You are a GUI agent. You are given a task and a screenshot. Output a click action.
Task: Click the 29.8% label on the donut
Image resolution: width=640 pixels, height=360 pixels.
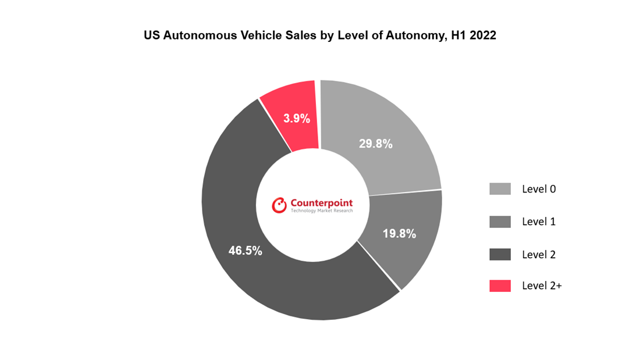click(x=375, y=144)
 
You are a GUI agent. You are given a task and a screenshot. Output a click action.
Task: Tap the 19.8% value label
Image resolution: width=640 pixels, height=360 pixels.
click(x=399, y=234)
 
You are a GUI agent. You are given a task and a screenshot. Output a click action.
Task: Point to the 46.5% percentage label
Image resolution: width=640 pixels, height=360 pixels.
click(x=245, y=251)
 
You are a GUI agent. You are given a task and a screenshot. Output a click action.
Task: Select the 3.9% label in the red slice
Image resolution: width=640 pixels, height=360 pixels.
click(x=297, y=119)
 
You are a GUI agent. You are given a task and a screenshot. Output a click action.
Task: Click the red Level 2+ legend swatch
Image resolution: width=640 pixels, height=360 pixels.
click(x=500, y=286)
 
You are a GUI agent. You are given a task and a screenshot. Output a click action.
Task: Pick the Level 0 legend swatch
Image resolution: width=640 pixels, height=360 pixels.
click(x=500, y=189)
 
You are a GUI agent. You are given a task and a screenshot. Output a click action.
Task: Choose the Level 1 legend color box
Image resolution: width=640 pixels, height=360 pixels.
click(x=500, y=222)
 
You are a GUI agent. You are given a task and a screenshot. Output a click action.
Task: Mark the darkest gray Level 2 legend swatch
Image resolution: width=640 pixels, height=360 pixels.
click(x=500, y=254)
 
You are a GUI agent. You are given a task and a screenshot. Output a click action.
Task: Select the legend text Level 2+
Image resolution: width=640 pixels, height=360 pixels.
click(x=542, y=286)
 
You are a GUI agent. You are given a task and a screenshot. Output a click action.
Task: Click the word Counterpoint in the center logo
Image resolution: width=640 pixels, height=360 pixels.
click(x=321, y=203)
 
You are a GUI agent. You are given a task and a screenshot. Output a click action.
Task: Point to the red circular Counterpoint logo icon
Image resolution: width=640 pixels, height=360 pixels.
click(x=280, y=204)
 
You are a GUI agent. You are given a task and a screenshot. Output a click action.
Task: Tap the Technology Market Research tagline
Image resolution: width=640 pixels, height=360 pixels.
click(x=321, y=211)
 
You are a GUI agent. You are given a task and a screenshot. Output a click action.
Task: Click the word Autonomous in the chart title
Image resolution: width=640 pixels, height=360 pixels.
click(x=193, y=35)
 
